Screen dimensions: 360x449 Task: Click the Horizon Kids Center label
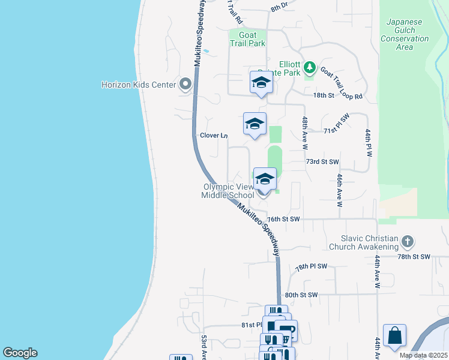138,85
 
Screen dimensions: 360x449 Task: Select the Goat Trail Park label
247,39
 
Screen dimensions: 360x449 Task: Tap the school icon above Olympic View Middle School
265,178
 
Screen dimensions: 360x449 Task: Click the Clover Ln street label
213,136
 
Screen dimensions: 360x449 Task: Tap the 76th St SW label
283,220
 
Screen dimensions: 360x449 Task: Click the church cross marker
408,242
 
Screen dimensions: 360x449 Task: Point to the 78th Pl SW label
311,266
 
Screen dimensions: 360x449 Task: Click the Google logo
20,353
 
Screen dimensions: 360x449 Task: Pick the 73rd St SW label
322,162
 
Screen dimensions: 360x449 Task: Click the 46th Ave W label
340,191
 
